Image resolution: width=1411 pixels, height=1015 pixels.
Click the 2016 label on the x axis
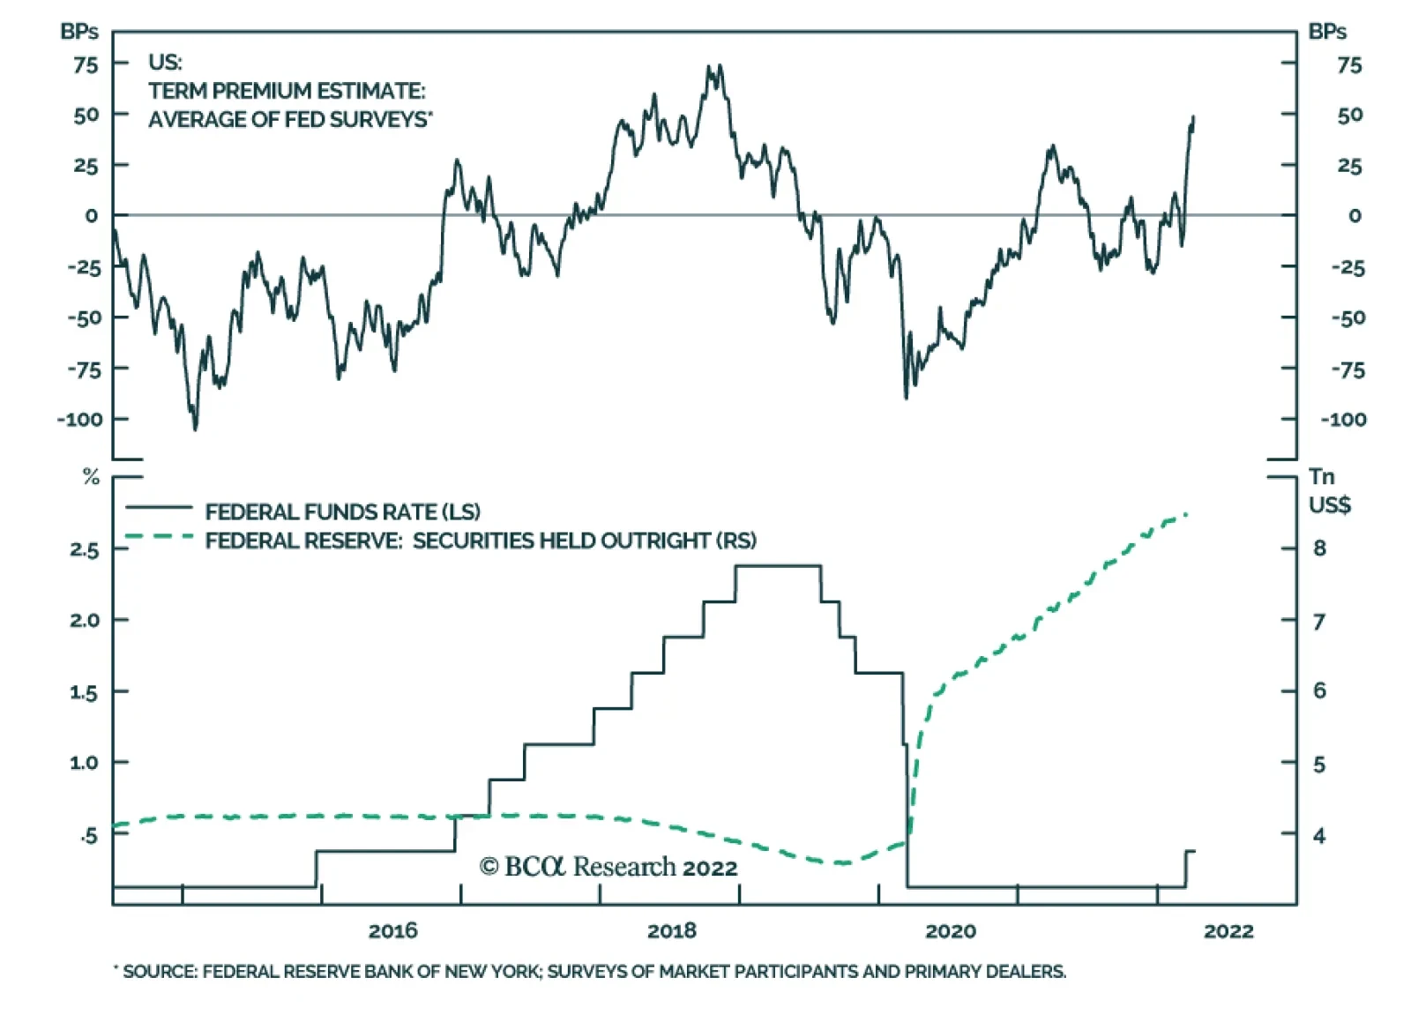coord(392,930)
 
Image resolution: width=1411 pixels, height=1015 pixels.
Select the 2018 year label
coord(671,930)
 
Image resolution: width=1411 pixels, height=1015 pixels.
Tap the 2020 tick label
coord(951,930)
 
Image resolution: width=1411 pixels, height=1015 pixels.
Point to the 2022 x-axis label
coord(1229,930)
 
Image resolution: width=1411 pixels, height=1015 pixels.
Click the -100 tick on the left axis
coord(79,420)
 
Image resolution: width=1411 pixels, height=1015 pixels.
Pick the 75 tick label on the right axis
coord(1349,65)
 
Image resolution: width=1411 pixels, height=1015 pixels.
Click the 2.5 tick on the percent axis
coord(84,549)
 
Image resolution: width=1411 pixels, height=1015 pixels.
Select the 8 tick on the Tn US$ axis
coord(1319,549)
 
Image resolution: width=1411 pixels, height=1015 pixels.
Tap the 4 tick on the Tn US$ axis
coord(1319,836)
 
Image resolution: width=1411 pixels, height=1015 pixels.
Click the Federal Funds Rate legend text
coord(343,511)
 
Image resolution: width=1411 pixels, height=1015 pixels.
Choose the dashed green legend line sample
coord(159,536)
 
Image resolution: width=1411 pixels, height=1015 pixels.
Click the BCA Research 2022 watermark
coord(608,867)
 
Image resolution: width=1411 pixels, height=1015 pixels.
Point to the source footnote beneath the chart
coord(590,972)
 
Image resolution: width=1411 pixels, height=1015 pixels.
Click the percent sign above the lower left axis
coord(92,477)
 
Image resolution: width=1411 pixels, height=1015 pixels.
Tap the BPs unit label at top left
coord(79,32)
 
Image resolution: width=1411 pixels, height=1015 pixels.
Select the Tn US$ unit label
coord(1329,491)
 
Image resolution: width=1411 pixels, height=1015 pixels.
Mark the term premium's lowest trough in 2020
coord(906,397)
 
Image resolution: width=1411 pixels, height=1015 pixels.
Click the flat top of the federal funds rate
coord(778,566)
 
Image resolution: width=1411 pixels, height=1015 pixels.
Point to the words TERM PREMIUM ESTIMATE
coord(287,91)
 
